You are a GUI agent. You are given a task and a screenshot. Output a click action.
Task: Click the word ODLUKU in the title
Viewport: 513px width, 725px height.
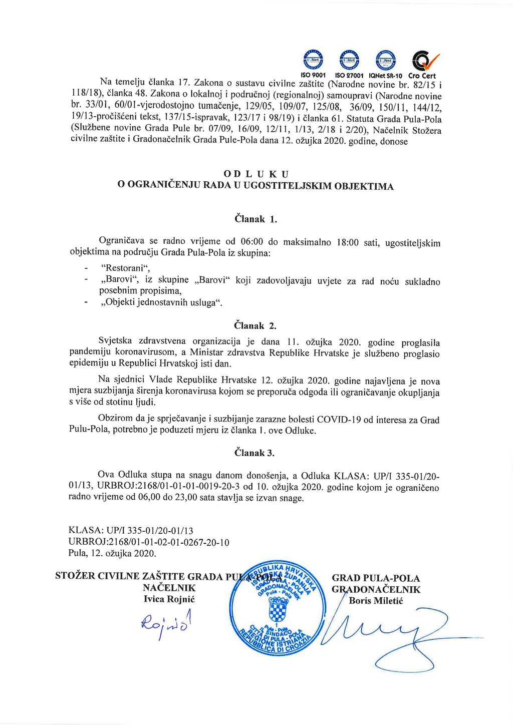click(x=255, y=174)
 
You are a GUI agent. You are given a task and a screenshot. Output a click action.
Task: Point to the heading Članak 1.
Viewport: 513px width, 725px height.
click(x=255, y=219)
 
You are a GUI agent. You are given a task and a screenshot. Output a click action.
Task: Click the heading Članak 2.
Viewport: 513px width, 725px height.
click(x=255, y=326)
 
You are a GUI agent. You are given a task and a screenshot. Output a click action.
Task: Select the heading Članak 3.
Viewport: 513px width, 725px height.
click(x=254, y=453)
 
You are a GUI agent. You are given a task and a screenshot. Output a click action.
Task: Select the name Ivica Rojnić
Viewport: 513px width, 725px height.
click(x=169, y=599)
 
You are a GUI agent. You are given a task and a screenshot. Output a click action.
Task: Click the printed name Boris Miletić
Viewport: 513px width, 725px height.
click(x=376, y=601)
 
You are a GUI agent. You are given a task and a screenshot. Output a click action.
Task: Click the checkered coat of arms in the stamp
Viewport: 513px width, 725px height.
click(x=277, y=610)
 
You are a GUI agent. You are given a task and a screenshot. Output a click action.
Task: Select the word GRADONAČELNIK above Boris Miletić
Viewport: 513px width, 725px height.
click(x=376, y=590)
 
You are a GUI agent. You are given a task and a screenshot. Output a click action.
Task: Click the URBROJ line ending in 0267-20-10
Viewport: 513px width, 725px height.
click(x=149, y=542)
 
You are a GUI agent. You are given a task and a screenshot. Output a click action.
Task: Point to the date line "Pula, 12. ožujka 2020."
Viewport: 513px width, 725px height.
click(x=112, y=553)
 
